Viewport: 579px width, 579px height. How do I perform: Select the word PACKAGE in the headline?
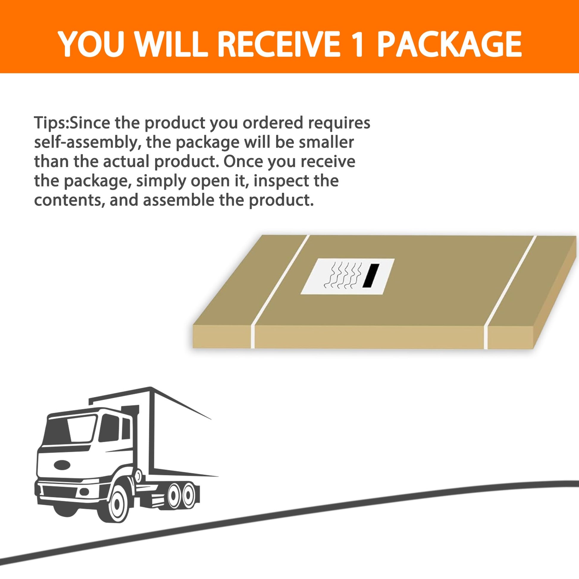(x=449, y=44)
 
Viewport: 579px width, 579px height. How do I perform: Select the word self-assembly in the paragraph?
(x=86, y=143)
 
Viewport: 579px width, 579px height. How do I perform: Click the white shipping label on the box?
(x=348, y=276)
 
